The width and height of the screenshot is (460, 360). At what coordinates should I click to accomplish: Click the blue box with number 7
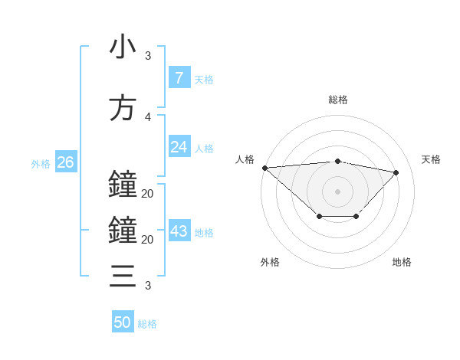179,78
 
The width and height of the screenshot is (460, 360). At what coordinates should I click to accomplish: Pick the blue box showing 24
179,147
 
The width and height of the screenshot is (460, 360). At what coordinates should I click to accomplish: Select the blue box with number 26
65,162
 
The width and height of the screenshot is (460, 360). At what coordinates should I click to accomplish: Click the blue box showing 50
123,322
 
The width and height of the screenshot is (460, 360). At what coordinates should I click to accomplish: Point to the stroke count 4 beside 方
148,117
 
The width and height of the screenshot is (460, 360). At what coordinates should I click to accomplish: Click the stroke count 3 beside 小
148,56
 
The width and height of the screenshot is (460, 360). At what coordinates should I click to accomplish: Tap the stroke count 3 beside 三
148,286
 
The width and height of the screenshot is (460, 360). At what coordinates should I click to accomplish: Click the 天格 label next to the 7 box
204,79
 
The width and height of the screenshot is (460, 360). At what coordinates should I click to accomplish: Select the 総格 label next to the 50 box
148,324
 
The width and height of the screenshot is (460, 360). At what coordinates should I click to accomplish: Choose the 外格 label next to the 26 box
41,163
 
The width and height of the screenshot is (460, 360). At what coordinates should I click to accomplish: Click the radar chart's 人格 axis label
245,159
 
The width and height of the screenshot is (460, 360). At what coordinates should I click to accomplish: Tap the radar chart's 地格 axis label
402,262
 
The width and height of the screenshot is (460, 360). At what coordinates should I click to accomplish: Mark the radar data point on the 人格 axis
264,168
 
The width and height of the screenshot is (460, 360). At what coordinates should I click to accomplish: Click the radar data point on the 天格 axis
396,172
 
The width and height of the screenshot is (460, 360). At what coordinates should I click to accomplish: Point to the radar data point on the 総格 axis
337,161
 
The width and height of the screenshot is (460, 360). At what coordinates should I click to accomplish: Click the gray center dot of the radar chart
337,191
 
